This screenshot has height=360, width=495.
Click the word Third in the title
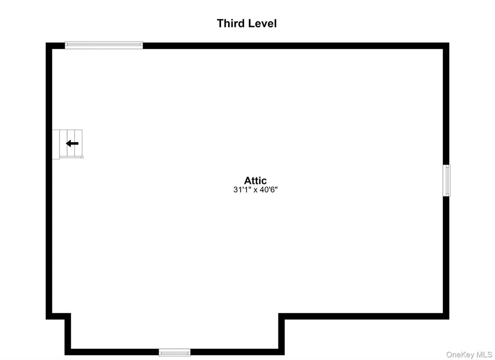click(x=231, y=23)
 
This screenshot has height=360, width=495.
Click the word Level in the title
click(x=262, y=23)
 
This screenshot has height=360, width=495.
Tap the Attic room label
click(x=255, y=180)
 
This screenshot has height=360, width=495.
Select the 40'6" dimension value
click(x=268, y=190)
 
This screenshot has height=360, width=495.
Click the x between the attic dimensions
click(x=255, y=190)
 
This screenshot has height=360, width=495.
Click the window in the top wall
click(x=104, y=45)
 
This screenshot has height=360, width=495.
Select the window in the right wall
click(x=446, y=180)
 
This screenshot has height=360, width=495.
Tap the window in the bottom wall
click(x=175, y=352)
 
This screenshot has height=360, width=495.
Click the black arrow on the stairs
click(x=72, y=144)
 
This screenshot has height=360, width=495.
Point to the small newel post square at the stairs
click(x=82, y=157)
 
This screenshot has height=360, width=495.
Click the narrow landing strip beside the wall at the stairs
click(x=56, y=145)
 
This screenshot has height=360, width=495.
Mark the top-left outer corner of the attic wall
click(x=46, y=43)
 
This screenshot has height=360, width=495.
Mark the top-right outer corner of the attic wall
click(x=449, y=43)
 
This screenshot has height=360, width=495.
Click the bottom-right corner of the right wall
click(x=449, y=319)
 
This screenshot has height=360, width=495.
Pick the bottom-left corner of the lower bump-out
click(x=65, y=355)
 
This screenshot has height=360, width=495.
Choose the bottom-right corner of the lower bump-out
click(x=284, y=355)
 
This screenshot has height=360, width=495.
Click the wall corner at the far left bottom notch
click(x=46, y=319)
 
